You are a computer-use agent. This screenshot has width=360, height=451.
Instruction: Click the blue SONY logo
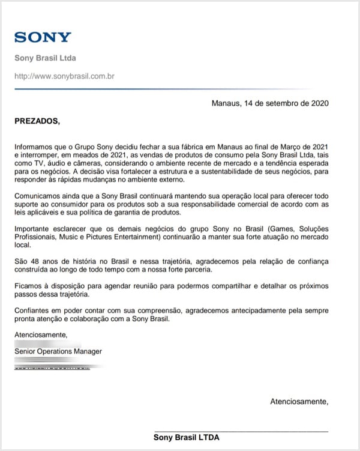pyautogui.click(x=43, y=37)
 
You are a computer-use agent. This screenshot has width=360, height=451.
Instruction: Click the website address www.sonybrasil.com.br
pyautogui.click(x=65, y=76)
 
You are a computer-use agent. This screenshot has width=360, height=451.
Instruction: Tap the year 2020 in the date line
pyautogui.click(x=319, y=103)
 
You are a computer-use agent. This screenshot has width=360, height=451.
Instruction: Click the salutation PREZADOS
pyautogui.click(x=37, y=121)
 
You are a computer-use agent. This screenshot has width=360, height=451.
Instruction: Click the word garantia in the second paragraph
pyautogui.click(x=134, y=212)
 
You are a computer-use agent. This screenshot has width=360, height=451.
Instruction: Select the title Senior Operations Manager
pyautogui.click(x=58, y=351)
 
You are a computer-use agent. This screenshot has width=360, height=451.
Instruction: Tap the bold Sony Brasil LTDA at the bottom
pyautogui.click(x=187, y=438)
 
